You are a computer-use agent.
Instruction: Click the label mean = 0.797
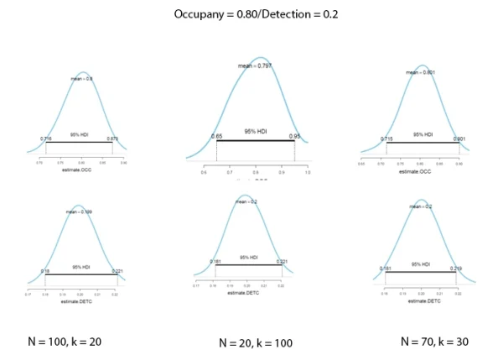pos(256,65)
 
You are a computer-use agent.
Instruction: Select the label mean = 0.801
pos(420,73)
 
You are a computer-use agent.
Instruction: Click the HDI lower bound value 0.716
pos(46,138)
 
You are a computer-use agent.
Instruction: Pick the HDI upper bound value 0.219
pos(455,269)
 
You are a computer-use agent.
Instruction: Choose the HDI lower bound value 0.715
pos(386,138)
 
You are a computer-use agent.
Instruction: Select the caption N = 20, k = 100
pos(256,342)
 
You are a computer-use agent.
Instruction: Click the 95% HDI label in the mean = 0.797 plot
pos(256,132)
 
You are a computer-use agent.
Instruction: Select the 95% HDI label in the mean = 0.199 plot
pos(81,268)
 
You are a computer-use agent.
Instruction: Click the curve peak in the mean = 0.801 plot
pos(422,65)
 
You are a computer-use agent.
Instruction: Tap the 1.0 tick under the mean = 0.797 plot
pos(307,171)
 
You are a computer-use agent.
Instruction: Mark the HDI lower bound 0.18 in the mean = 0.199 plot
pos(45,271)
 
